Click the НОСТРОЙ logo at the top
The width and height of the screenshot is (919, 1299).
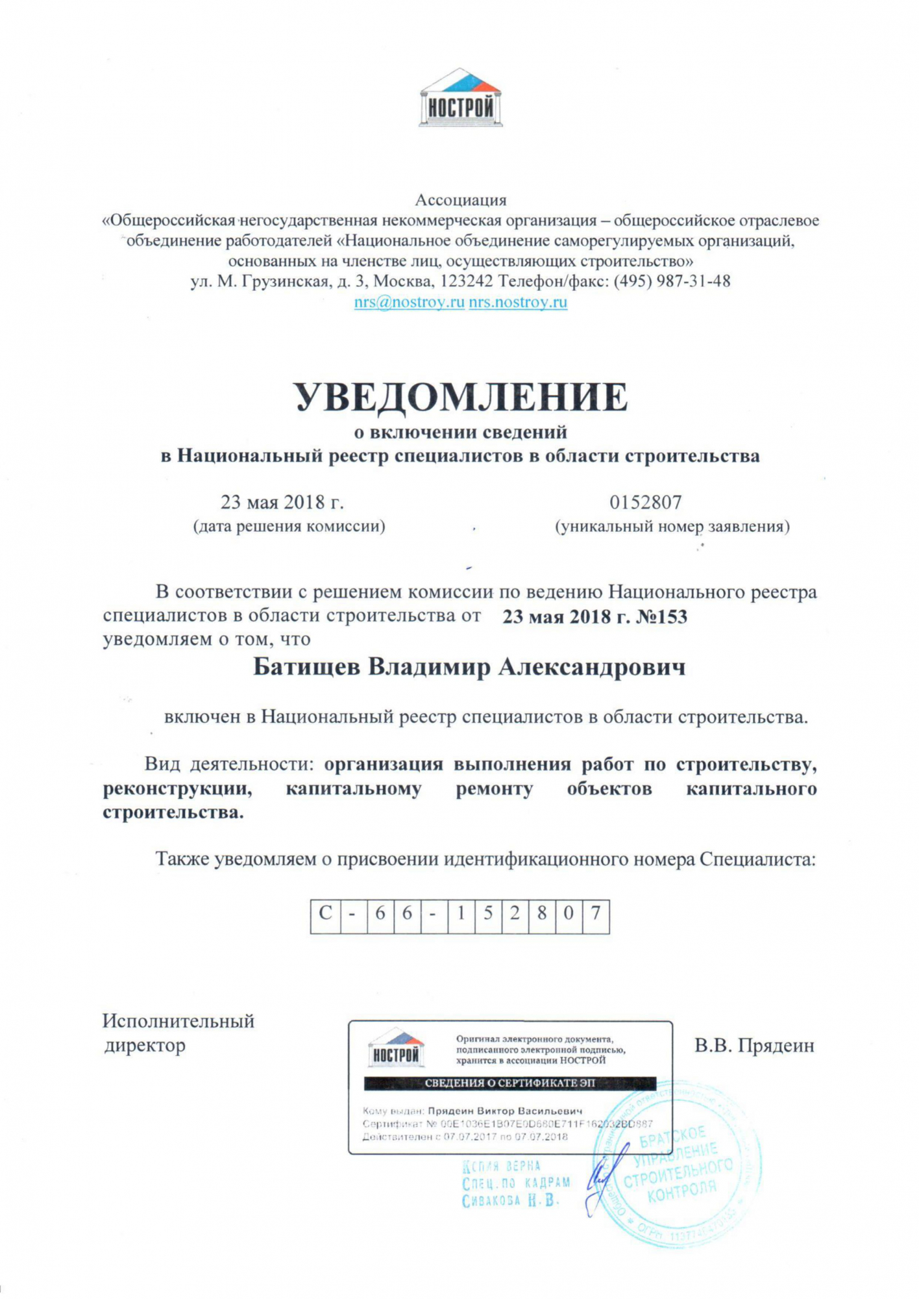click(x=460, y=99)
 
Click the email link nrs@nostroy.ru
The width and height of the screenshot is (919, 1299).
click(x=409, y=302)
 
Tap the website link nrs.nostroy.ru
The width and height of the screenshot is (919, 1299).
click(x=518, y=302)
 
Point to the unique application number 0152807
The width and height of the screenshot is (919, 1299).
click(x=645, y=502)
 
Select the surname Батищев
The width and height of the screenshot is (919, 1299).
click(x=306, y=667)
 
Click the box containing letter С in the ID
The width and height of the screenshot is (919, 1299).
click(x=325, y=916)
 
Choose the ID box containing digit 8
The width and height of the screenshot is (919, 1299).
click(x=541, y=916)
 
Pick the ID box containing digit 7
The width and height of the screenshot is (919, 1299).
click(x=595, y=916)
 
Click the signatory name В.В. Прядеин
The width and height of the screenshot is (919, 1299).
click(x=754, y=1046)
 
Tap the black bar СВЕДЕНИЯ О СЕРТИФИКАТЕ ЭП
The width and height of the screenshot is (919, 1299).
click(x=509, y=1083)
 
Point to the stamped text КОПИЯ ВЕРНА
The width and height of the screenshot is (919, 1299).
click(x=501, y=1166)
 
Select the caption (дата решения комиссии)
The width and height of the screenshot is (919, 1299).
click(x=289, y=526)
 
